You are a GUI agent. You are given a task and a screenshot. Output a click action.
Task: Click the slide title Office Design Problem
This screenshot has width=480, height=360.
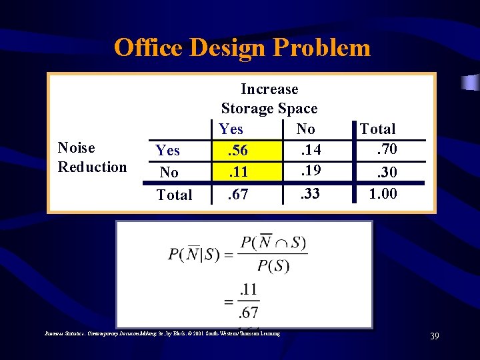point(241,48)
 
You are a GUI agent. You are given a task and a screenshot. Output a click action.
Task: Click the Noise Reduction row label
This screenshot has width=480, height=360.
point(92,157)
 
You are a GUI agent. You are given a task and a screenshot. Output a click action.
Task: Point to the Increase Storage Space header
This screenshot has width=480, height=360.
point(269,98)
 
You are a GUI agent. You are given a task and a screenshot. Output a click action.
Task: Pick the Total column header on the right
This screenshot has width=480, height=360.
point(377,129)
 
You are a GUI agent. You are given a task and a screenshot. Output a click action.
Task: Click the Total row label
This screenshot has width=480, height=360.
point(174,195)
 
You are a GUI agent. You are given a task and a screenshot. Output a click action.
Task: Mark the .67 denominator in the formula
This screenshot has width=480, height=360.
point(249,311)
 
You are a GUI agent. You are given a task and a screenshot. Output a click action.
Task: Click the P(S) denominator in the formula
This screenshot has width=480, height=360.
point(273,266)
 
